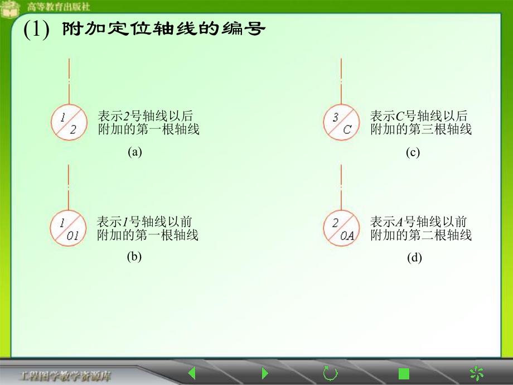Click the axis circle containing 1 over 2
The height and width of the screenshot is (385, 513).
(x=69, y=123)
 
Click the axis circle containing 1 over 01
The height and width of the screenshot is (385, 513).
(x=68, y=229)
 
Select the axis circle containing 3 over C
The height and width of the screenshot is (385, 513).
(x=341, y=123)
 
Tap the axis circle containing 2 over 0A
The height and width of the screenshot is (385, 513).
(x=341, y=229)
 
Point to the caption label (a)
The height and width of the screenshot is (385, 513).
(x=135, y=152)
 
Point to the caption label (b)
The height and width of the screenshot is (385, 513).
(x=134, y=257)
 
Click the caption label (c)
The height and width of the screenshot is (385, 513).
(x=413, y=152)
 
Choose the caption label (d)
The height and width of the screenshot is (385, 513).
(x=414, y=258)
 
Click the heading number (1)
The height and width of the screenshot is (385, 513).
(x=37, y=29)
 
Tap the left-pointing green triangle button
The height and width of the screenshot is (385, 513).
(x=192, y=373)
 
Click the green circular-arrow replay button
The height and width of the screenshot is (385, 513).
(x=330, y=373)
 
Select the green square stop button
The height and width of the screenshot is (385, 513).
(x=404, y=373)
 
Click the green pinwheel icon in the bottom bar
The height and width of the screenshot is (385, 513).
(x=476, y=373)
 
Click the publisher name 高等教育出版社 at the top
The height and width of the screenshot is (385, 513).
(x=59, y=7)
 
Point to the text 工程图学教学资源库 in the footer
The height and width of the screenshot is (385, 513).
(x=66, y=374)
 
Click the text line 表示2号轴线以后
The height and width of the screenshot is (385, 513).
(x=146, y=116)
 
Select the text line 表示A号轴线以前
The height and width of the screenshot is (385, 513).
(x=419, y=221)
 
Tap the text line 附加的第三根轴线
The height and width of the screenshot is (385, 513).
(x=421, y=129)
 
